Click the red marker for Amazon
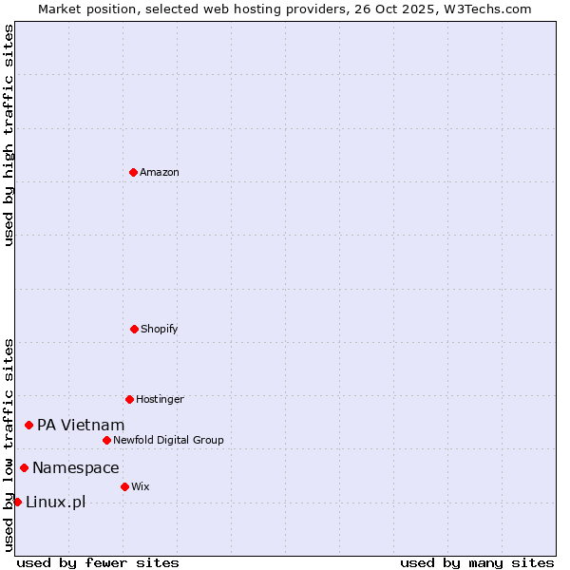(133, 172)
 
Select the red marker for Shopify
(134, 329)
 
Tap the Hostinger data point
(129, 399)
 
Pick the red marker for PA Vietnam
(28, 425)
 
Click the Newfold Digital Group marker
(106, 440)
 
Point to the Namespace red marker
(24, 467)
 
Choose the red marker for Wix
(124, 486)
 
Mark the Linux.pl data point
(17, 502)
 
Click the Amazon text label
(160, 172)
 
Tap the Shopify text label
(160, 329)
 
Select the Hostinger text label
(160, 399)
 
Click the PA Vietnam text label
(81, 425)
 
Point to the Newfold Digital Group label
(168, 440)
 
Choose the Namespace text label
(76, 467)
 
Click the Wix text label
(141, 486)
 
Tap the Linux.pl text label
(55, 502)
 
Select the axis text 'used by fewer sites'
(98, 562)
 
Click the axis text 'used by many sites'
(477, 562)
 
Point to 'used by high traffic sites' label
(9, 135)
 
